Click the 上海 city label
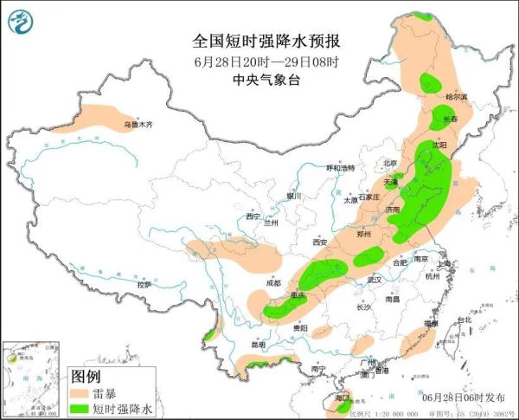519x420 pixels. pyautogui.click(x=446, y=264)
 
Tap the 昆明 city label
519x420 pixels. pyautogui.click(x=258, y=345)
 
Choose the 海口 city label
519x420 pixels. pyautogui.click(x=341, y=397)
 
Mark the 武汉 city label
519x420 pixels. pyautogui.click(x=374, y=281)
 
